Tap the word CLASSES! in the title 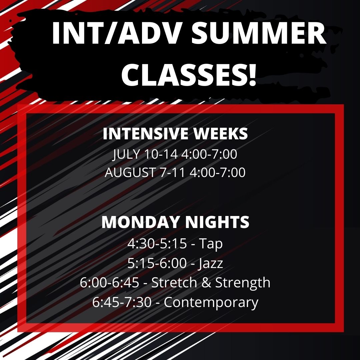(189, 74)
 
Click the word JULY (126, 154)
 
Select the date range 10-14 (161, 154)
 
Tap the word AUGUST (130, 172)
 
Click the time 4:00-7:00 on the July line (209, 154)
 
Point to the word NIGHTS (217, 222)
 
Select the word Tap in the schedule (211, 244)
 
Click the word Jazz (210, 263)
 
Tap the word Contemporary (211, 302)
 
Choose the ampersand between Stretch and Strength (206, 282)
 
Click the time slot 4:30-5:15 (157, 244)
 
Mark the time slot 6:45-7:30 (122, 302)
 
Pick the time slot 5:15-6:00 (157, 263)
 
